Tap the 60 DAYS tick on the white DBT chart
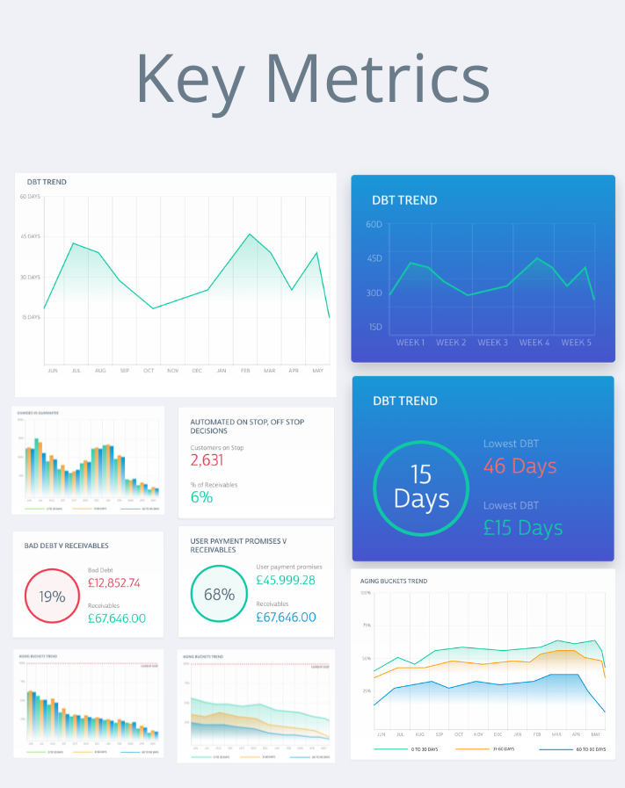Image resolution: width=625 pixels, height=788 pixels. (30, 196)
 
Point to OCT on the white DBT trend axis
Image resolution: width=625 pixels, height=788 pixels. (149, 370)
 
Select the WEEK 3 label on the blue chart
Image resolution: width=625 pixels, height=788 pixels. (491, 343)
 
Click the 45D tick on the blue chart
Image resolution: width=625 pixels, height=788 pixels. (374, 258)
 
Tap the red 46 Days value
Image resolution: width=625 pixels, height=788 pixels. (520, 466)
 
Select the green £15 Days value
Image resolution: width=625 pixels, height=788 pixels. (523, 528)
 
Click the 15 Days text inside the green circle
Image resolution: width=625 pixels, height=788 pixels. (421, 487)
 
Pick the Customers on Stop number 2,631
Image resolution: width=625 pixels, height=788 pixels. (207, 460)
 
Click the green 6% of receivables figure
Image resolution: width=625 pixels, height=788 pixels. (201, 497)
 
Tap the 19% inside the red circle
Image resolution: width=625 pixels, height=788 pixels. (53, 596)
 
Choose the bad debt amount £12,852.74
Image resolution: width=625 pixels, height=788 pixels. (127, 582)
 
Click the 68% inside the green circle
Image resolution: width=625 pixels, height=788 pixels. (219, 594)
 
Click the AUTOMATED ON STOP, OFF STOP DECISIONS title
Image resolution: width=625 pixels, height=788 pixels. (247, 426)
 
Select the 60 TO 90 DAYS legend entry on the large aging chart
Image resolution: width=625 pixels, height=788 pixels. (588, 748)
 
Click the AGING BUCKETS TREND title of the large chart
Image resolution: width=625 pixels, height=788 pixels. (394, 581)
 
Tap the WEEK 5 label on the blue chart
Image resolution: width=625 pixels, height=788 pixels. (577, 343)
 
